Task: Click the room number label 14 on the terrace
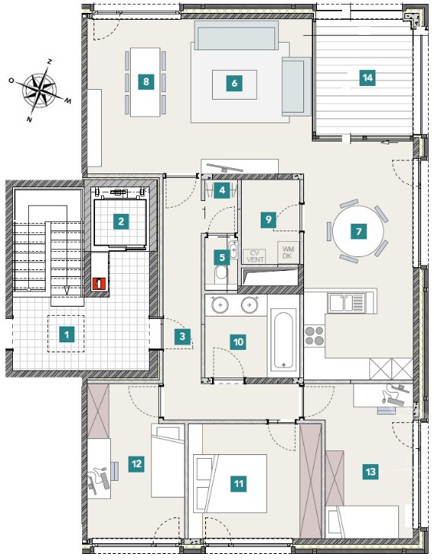[368, 78]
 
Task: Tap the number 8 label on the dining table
[146, 81]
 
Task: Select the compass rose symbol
[40, 91]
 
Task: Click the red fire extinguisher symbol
[98, 284]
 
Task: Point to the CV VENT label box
[255, 256]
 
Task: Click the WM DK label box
[287, 252]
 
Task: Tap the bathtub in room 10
[284, 339]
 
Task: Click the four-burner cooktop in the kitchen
[315, 336]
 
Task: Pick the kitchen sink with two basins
[346, 303]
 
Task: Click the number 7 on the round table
[358, 231]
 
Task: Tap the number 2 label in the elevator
[121, 221]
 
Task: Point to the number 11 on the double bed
[239, 484]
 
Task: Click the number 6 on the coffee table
[234, 83]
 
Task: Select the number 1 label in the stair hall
[67, 335]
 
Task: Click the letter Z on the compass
[49, 62]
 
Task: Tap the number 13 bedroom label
[370, 472]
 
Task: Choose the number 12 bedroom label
[137, 463]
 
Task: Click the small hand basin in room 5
[233, 250]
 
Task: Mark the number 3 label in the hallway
[182, 336]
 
